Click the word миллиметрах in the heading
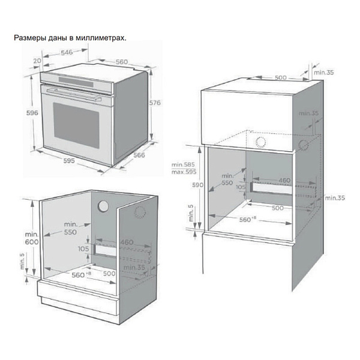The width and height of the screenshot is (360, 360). (x=104, y=38)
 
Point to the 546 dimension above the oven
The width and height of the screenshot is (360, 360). (x=67, y=53)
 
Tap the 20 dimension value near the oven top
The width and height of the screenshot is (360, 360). (x=37, y=61)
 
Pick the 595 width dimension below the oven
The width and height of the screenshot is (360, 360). (x=69, y=160)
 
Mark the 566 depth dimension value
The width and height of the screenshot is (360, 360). (x=139, y=155)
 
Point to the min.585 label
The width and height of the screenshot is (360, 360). (x=184, y=164)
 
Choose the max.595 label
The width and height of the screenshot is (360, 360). (x=184, y=172)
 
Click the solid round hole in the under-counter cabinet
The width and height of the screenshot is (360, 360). (x=104, y=206)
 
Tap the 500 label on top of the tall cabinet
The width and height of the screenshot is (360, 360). (x=280, y=78)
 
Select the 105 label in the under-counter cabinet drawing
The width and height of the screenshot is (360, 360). (x=82, y=248)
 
